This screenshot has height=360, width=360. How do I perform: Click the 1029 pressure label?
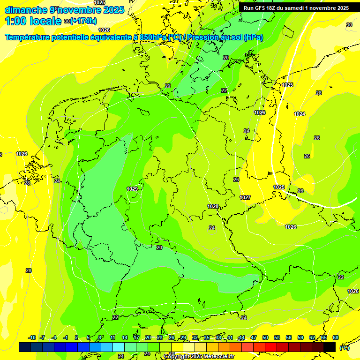[132, 189]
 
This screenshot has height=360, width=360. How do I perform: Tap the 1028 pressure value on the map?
[213, 207]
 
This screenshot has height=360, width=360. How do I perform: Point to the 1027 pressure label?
[245, 197]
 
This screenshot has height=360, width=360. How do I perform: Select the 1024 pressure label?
[300, 114]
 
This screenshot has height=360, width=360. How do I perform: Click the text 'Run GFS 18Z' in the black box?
[262, 8]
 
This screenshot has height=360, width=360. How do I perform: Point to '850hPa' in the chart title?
[153, 37]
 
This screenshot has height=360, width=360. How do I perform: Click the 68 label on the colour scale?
[336, 337]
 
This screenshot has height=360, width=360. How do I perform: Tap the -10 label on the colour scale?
[32, 337]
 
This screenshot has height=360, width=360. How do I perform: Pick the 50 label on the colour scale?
[265, 337]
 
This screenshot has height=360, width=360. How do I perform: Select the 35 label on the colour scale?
[207, 337]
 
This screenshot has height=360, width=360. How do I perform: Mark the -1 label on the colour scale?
[66, 337]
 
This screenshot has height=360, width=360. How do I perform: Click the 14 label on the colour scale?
[125, 337]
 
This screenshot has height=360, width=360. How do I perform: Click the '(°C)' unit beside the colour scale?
[344, 348]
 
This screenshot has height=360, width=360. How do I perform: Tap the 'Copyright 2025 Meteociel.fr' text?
[199, 357]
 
